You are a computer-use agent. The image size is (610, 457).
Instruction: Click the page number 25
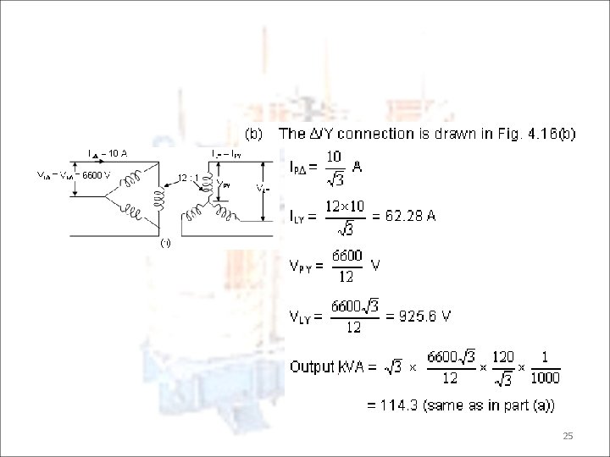568,436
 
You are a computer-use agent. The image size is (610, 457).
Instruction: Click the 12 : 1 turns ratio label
189,177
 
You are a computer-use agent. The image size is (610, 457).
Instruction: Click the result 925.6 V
419,317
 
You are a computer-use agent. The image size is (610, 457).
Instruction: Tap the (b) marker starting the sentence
255,134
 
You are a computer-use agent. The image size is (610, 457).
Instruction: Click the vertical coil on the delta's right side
158,196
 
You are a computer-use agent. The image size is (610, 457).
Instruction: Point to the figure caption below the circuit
165,243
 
